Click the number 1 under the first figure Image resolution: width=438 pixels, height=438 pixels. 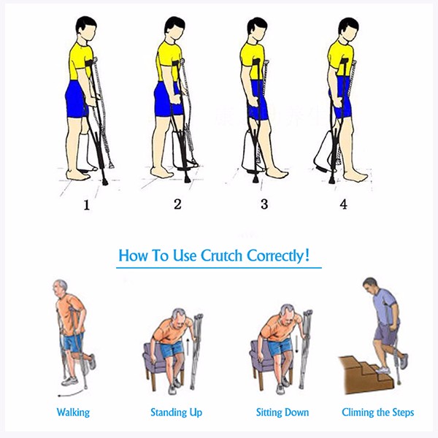[86, 205]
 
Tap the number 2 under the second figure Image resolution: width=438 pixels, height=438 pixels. [177, 204]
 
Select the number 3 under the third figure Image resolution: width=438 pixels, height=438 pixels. [264, 204]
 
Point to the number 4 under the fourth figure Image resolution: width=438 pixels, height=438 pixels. [343, 204]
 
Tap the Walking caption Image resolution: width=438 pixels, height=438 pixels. [73, 412]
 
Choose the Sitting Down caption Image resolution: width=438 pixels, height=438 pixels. [282, 412]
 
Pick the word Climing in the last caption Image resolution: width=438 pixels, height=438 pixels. [359, 412]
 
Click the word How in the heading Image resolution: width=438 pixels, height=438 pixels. [133, 257]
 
